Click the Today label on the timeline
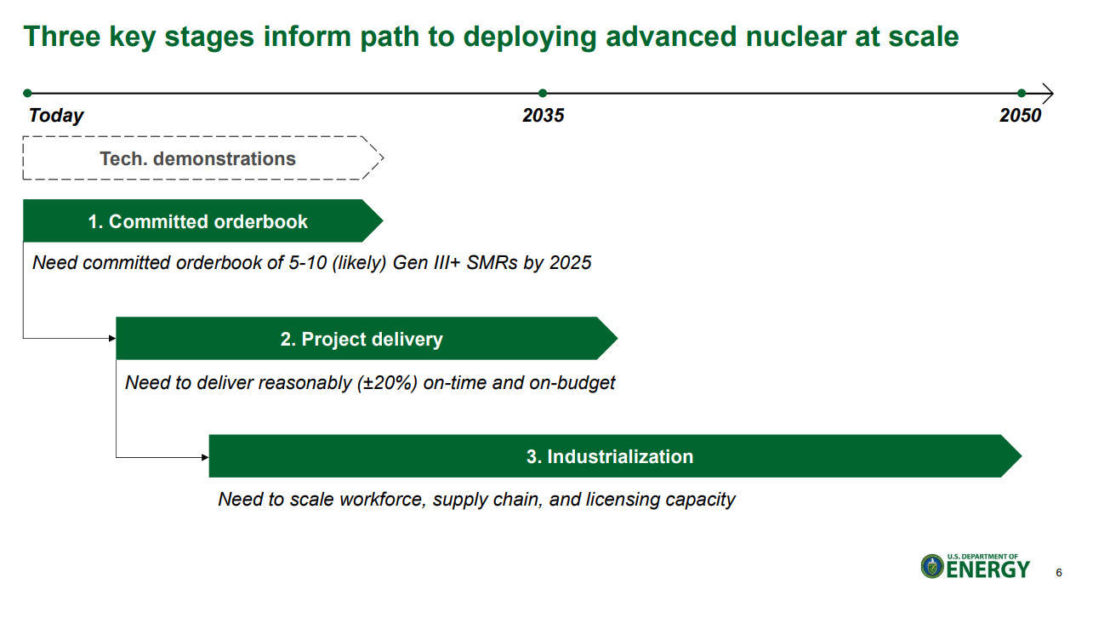click(x=56, y=116)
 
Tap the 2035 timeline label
click(x=543, y=116)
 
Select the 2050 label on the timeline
click(x=1021, y=116)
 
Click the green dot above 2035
click(x=543, y=93)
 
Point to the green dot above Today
click(x=27, y=93)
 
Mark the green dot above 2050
click(x=1022, y=93)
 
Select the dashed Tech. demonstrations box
click(x=203, y=158)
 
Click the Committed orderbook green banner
click(x=203, y=220)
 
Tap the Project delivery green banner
click(x=367, y=338)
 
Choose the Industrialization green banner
click(x=615, y=456)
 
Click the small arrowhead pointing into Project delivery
click(x=112, y=338)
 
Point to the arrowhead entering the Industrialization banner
click(x=205, y=457)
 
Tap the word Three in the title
click(x=61, y=37)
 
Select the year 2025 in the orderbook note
click(x=571, y=263)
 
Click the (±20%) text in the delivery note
click(x=387, y=383)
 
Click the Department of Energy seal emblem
click(x=932, y=566)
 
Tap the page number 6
click(x=1059, y=573)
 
